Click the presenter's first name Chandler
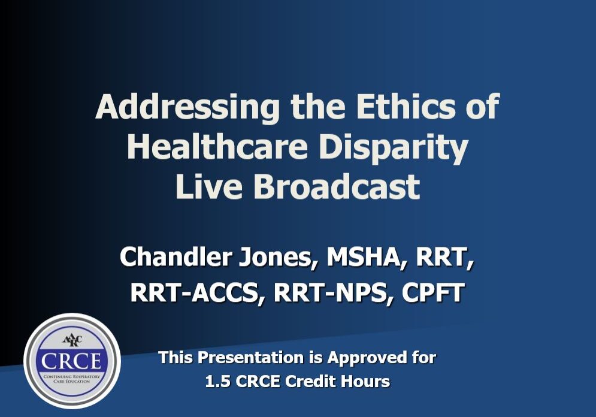coord(176,256)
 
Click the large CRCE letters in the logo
coord(72,361)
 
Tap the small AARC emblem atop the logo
coord(72,340)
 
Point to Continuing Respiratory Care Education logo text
coord(72,379)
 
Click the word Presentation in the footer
coord(250,358)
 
